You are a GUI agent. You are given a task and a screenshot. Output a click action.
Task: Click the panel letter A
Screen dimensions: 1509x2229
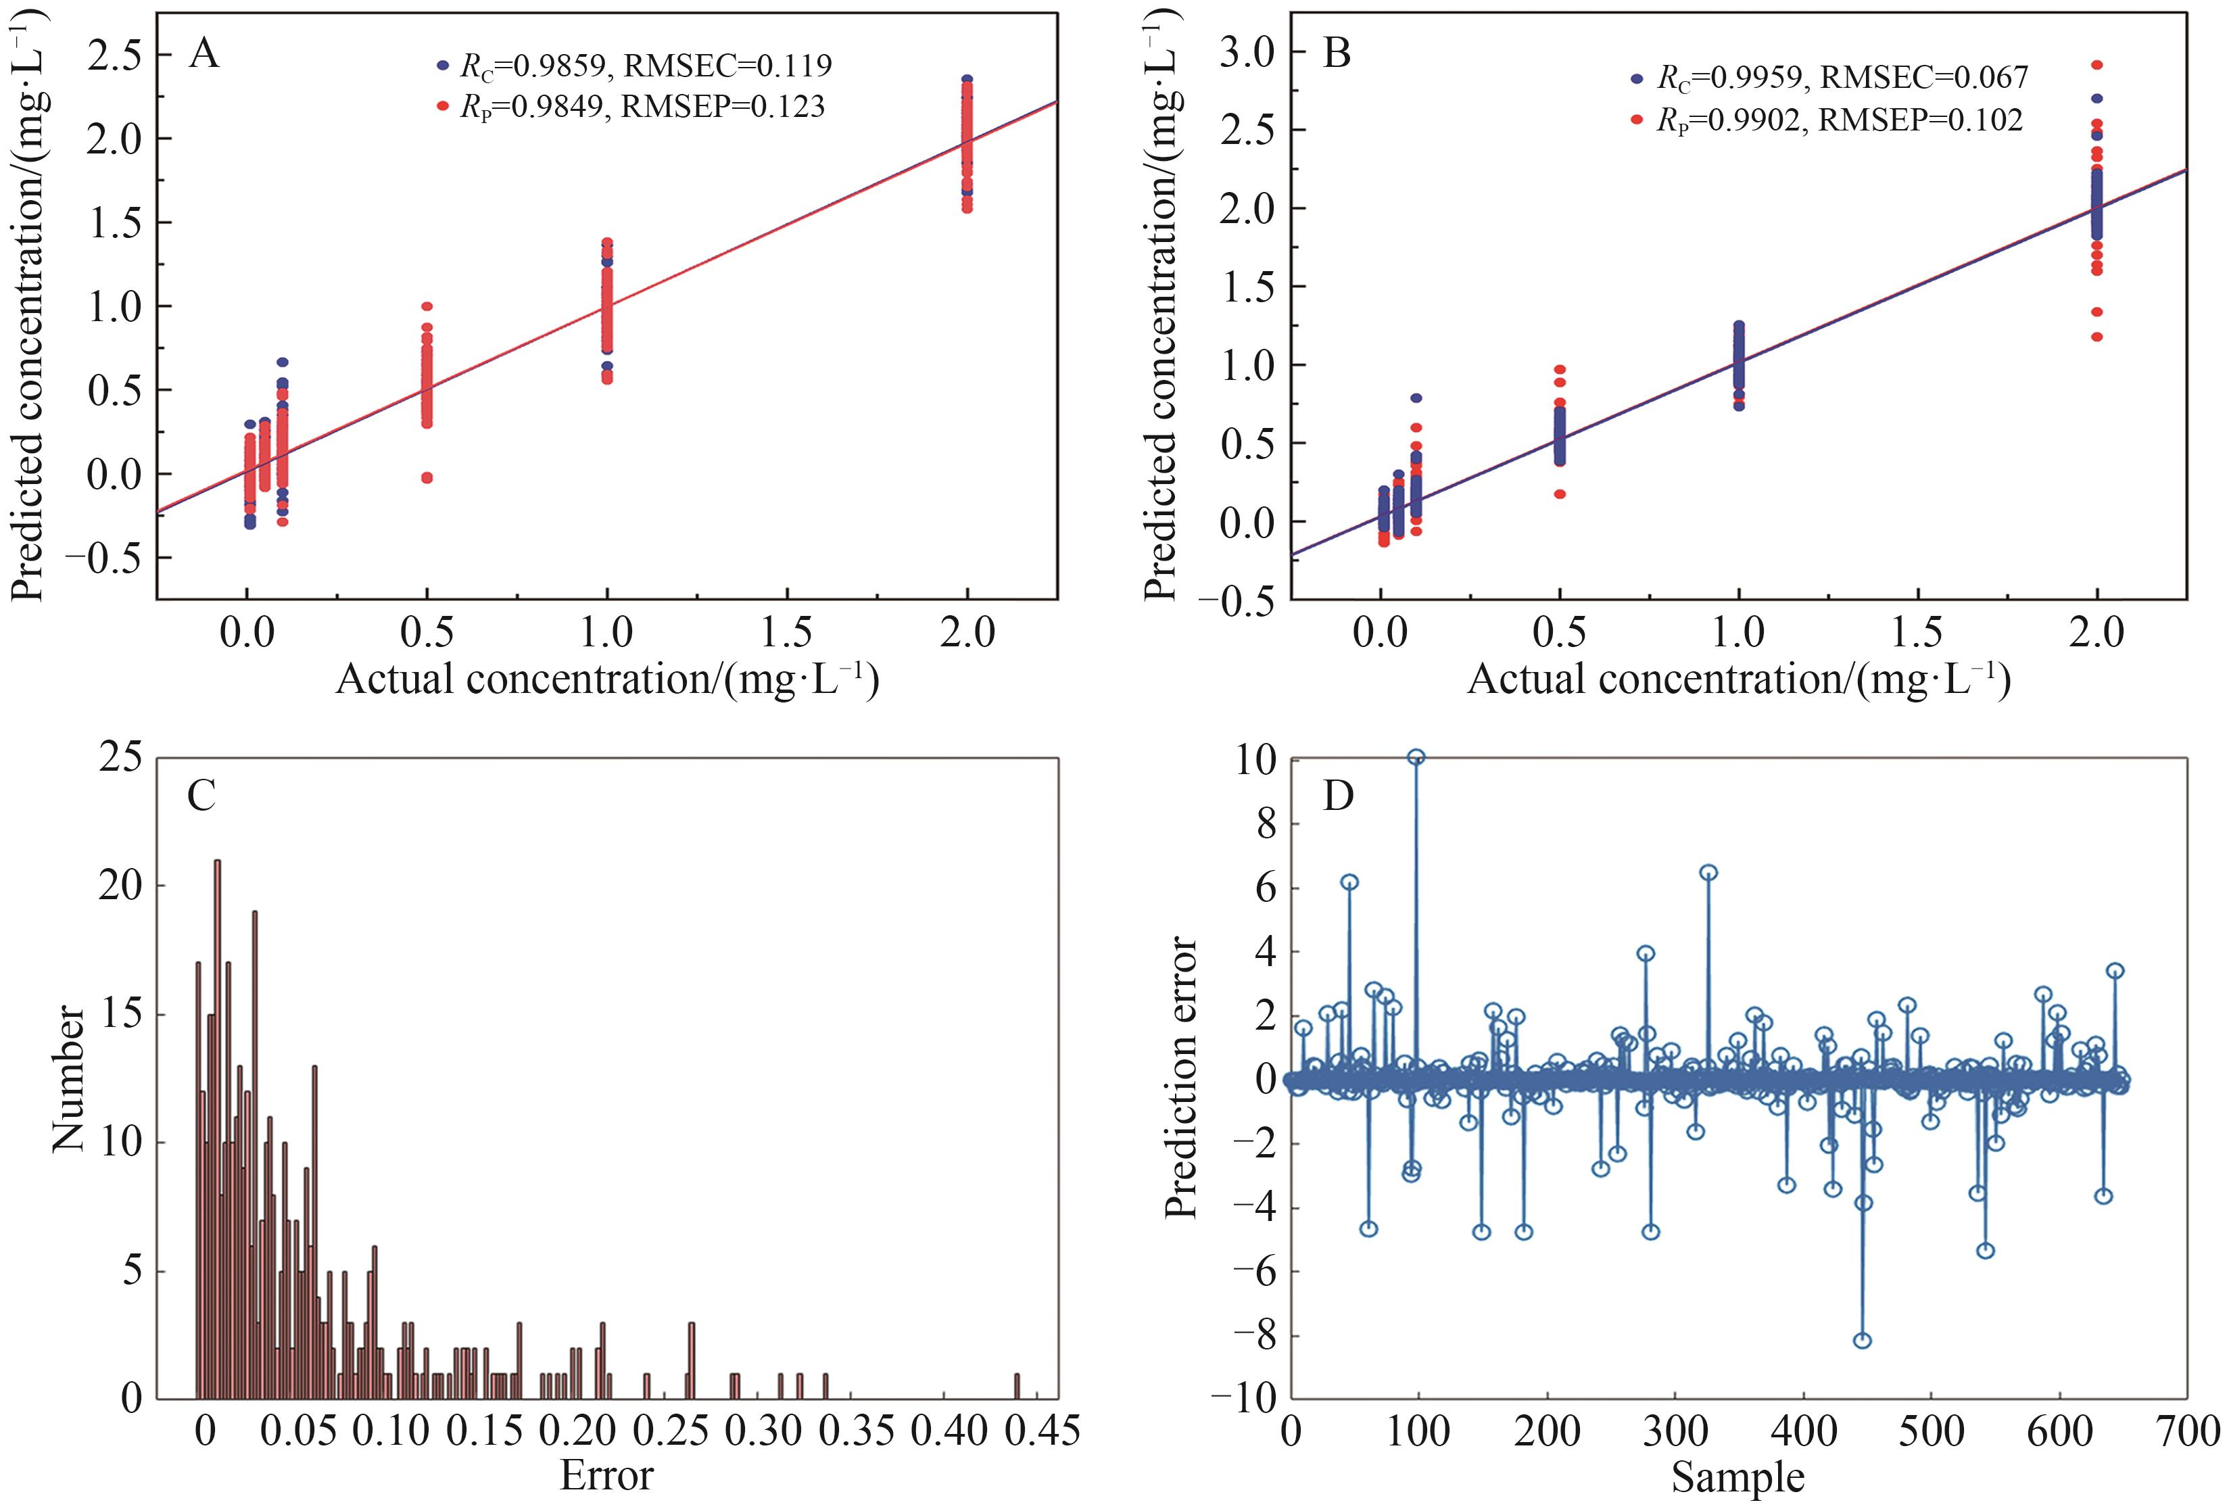pos(204,53)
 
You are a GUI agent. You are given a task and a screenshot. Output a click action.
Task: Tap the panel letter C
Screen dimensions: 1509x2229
pos(201,795)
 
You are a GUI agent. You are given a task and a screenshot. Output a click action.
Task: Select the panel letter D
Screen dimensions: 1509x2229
pos(1338,795)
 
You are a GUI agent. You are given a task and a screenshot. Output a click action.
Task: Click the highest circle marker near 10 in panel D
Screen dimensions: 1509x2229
pos(1416,757)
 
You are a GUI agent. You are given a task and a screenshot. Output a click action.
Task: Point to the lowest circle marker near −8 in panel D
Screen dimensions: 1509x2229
pos(1863,1340)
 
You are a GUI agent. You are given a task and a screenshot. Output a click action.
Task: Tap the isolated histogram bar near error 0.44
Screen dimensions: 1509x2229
pos(1017,1386)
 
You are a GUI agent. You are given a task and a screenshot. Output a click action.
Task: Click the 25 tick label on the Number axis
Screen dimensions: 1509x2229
pos(120,759)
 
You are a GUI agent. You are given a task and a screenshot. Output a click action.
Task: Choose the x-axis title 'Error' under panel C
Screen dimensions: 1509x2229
pos(606,1475)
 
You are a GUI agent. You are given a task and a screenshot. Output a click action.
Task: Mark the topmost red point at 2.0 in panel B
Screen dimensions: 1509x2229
pos(2096,65)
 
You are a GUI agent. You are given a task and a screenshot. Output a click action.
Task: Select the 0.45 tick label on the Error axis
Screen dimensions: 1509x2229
pos(1042,1431)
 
